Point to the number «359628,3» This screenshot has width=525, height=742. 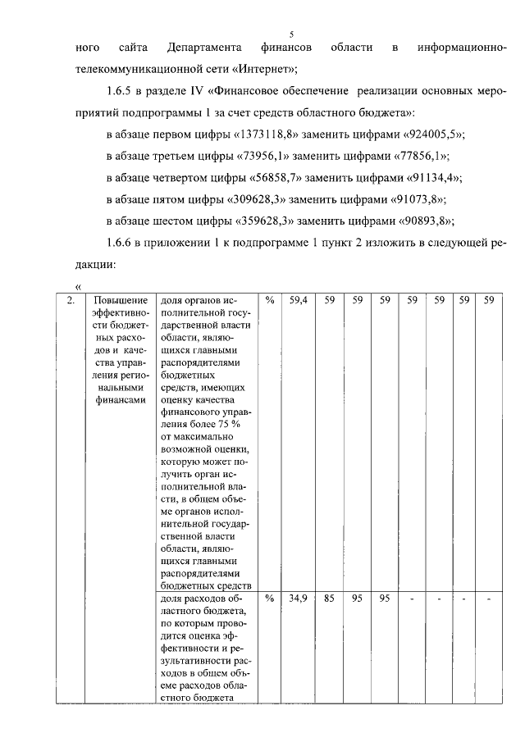(267, 221)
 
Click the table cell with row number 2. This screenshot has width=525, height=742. (72, 301)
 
